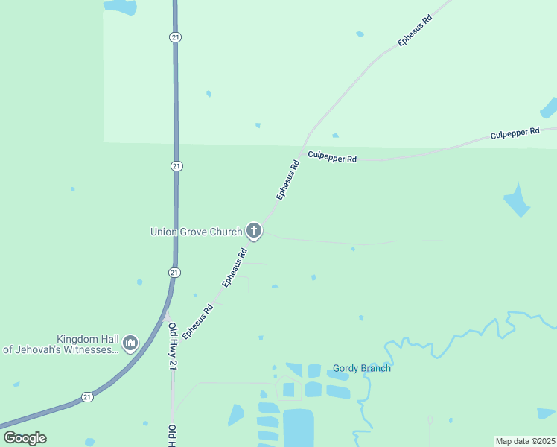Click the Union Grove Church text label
tap(197, 232)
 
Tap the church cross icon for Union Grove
tap(254, 231)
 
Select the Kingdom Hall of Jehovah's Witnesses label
tap(63, 343)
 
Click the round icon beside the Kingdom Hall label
tap(130, 343)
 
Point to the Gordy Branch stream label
tap(362, 368)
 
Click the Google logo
tap(25, 438)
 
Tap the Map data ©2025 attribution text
tap(525, 441)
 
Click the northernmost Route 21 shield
tap(175, 37)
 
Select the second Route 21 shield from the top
tap(176, 165)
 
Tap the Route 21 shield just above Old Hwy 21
tap(174, 273)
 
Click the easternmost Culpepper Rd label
tap(515, 133)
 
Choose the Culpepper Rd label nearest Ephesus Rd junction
tap(332, 157)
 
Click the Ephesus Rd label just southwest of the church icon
tap(235, 267)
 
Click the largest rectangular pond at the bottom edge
tap(299, 428)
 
